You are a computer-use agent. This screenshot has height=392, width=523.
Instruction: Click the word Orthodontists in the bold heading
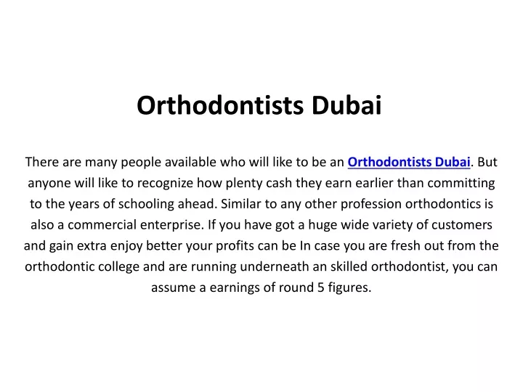(x=220, y=105)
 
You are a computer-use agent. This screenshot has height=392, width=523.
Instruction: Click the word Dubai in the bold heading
(x=346, y=105)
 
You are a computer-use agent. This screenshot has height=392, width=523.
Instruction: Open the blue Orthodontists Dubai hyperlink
(x=409, y=162)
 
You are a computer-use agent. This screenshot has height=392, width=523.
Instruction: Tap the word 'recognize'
(x=165, y=184)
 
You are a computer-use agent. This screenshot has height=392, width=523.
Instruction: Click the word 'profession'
(x=371, y=204)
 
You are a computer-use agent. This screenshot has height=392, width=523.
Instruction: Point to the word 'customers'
(x=462, y=225)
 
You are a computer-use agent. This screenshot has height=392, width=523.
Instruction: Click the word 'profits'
(x=235, y=246)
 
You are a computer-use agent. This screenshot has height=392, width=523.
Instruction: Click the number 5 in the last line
(x=321, y=287)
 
